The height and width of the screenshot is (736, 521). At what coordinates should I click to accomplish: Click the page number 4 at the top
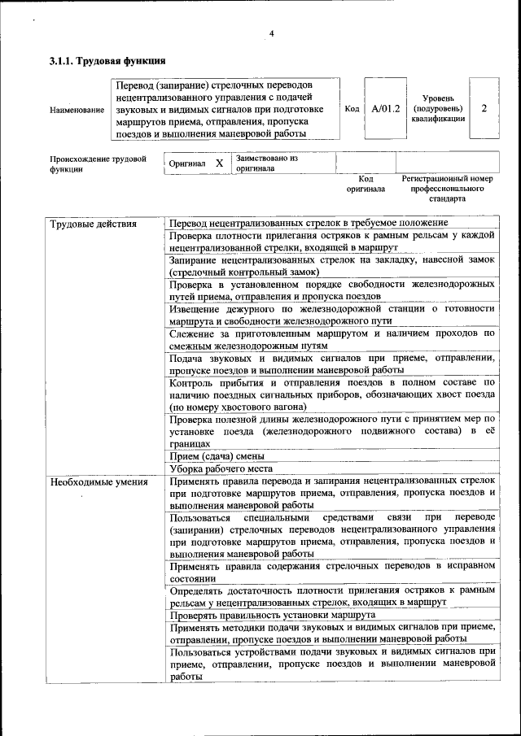271,33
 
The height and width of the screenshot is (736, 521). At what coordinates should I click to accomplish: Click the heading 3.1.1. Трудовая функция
107,62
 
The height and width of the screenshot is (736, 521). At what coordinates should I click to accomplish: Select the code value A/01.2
385,108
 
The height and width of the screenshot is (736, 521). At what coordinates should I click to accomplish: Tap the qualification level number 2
484,108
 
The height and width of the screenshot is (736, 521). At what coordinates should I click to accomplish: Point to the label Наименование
77,109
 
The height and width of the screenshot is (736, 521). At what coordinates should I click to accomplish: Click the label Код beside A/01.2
352,109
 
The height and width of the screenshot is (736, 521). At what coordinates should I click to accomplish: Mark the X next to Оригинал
219,163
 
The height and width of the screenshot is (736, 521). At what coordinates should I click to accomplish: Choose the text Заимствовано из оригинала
266,163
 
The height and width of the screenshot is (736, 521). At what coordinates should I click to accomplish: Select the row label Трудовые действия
93,224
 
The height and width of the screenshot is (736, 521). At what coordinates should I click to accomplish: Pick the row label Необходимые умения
99,482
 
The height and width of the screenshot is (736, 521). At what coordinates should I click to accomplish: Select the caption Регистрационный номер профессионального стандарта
447,187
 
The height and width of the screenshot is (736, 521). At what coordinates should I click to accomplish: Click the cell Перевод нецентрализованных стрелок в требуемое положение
309,223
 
